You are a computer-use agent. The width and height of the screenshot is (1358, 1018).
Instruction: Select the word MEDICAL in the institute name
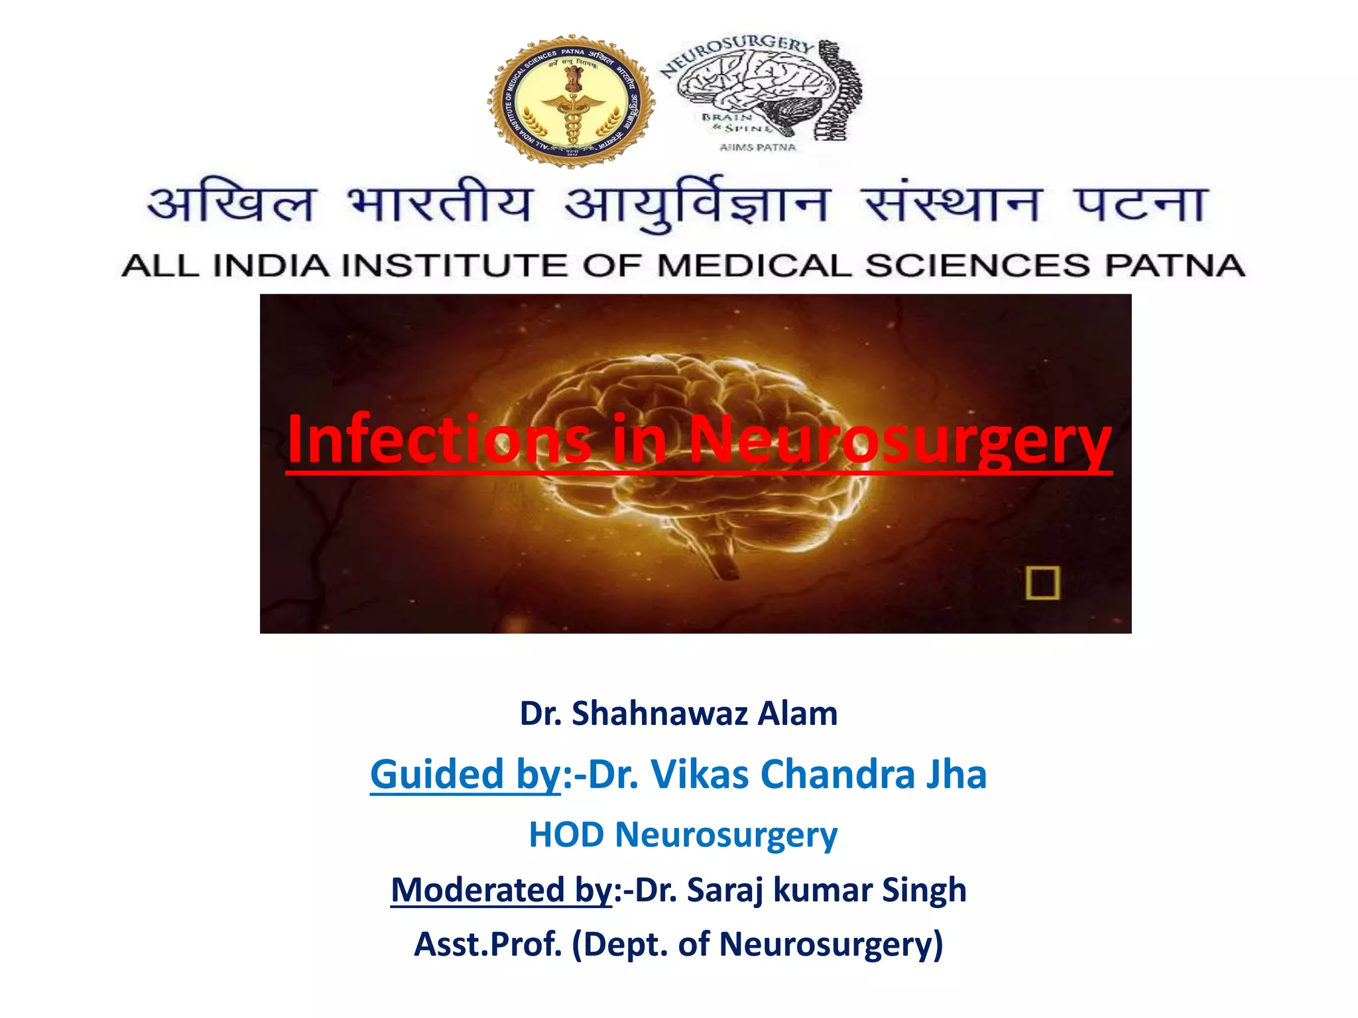tap(754, 266)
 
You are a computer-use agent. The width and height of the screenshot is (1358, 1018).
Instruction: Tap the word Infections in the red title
tap(439, 439)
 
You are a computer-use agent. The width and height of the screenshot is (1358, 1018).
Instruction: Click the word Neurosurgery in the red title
tap(900, 439)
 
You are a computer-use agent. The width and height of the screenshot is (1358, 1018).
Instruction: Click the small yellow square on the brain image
tap(1042, 583)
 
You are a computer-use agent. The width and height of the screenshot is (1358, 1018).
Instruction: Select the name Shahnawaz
tap(659, 714)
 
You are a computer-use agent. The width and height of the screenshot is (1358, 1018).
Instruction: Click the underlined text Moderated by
tap(501, 889)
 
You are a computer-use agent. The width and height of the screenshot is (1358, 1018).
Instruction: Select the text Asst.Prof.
tap(488, 944)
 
